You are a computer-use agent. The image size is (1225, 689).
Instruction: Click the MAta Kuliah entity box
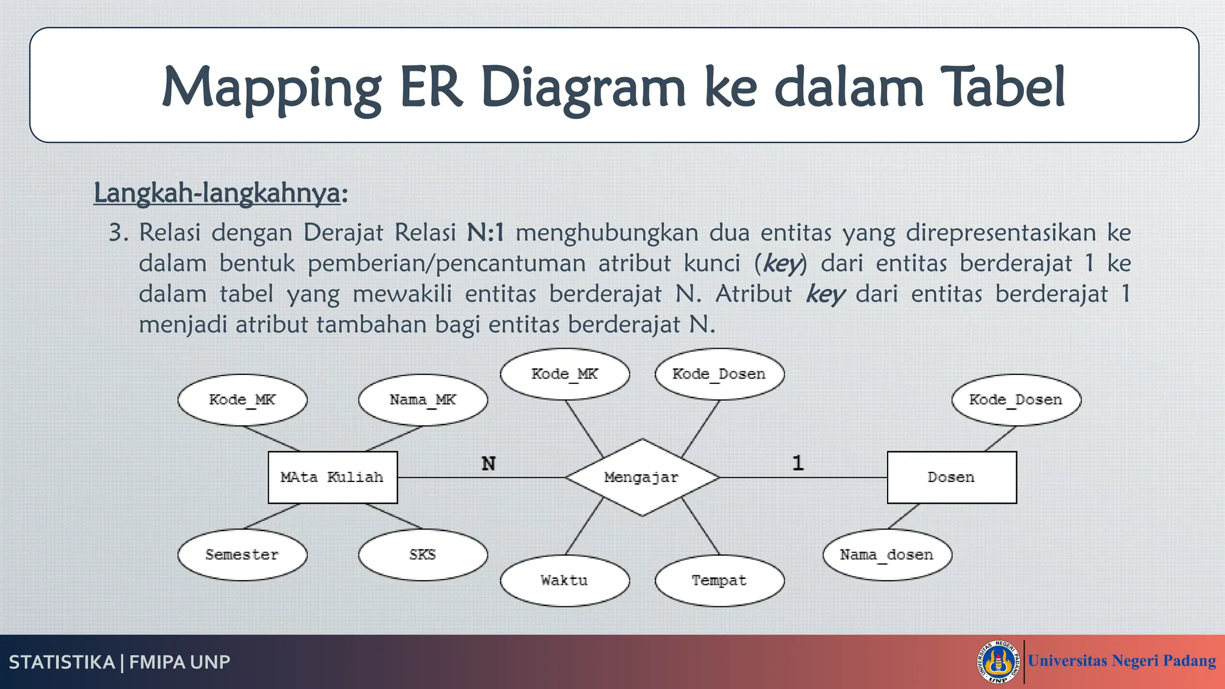[333, 477]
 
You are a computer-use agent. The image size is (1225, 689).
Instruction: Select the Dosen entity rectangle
[951, 477]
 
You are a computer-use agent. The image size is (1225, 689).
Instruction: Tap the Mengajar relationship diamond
[642, 477]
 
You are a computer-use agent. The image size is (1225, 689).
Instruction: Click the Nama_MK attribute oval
[423, 400]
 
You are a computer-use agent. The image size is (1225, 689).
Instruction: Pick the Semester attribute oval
[242, 554]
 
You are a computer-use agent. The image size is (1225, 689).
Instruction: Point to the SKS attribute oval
[423, 554]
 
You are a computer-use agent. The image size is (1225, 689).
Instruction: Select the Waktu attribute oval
[565, 580]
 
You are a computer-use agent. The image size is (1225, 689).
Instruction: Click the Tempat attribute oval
[719, 580]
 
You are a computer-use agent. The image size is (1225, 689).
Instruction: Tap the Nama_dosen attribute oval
[886, 554]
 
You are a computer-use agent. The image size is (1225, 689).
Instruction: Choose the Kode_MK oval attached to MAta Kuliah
[242, 400]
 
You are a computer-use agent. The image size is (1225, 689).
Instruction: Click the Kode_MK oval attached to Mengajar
[565, 374]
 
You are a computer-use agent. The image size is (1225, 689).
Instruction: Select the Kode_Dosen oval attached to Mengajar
[719, 374]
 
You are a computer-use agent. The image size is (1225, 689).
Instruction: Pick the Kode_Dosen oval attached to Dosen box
[1016, 400]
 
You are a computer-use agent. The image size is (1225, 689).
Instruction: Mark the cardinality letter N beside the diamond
[489, 464]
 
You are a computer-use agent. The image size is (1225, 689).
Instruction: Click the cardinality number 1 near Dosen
[798, 463]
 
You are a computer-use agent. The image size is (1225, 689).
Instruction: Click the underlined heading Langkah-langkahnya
[217, 193]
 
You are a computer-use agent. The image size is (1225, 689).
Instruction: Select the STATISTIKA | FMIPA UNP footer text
[120, 662]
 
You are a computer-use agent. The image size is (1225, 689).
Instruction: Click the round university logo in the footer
[998, 662]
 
